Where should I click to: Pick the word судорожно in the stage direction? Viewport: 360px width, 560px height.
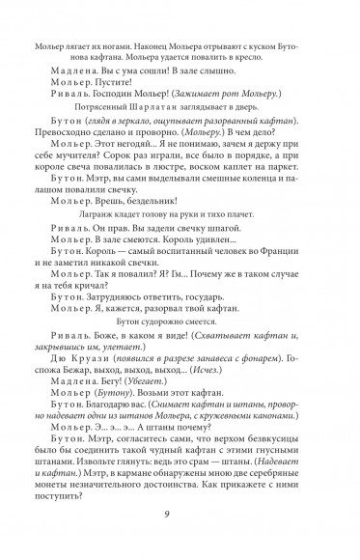(x=180, y=342)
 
